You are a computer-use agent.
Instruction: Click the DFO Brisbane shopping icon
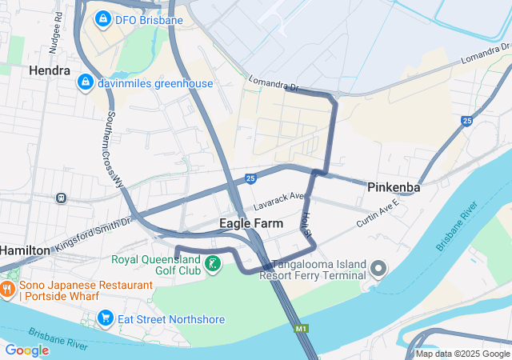pos(103,17)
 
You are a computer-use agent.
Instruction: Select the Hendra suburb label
pos(50,70)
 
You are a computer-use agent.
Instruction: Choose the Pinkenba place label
pos(394,187)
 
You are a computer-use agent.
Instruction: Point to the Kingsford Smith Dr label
pos(93,233)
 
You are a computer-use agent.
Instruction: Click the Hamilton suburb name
pos(24,250)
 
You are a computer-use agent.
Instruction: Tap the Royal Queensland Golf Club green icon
pos(213,264)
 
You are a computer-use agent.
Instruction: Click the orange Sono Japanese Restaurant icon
pos(8,290)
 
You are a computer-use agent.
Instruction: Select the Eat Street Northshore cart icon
pos(105,319)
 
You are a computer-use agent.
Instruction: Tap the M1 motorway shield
pos(300,328)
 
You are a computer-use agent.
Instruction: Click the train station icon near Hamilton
pos(61,198)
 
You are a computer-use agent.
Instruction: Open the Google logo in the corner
pos(26,350)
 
